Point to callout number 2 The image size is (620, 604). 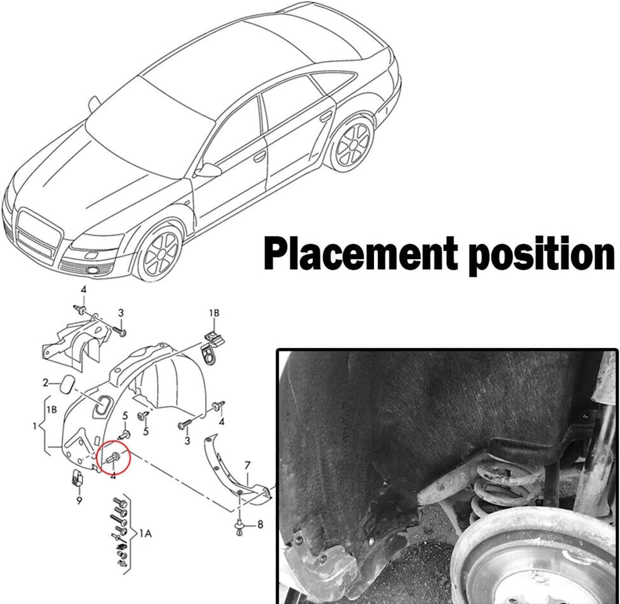pos(46,383)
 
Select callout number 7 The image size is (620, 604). pos(247,466)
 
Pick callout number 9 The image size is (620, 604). pos(79,501)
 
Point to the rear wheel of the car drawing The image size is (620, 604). pos(353,143)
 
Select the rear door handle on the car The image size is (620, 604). pos(325,117)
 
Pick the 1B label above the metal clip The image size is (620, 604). pos(214,313)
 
